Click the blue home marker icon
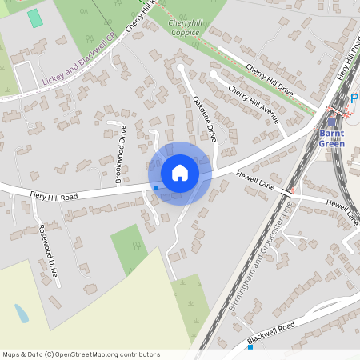[180, 172]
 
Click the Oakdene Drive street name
[205, 118]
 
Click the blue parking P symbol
[354, 99]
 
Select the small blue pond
[22, 313]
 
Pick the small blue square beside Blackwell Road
[250, 347]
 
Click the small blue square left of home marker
[156, 188]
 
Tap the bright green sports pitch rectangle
[34, 18]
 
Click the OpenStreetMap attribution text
[82, 354]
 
